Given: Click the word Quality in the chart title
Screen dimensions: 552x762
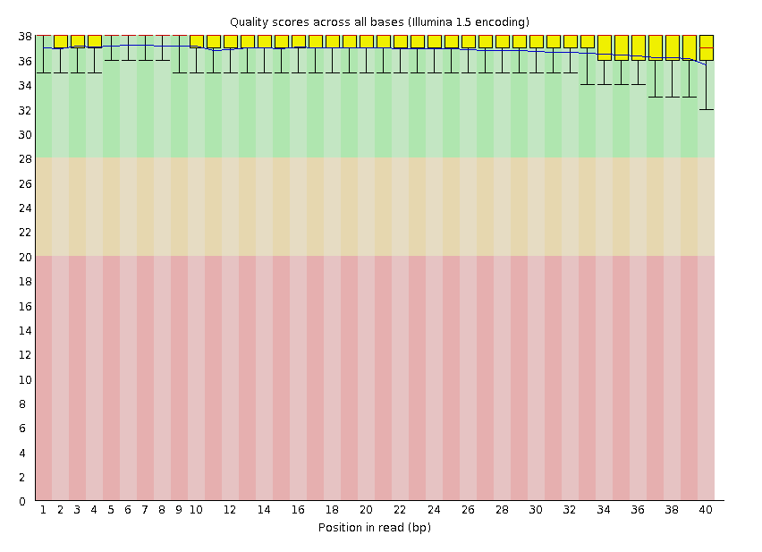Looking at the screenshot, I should tap(250, 21).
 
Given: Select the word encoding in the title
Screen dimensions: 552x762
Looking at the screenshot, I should tap(504, 21).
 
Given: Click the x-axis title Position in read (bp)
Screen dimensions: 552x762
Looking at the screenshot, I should tap(375, 528).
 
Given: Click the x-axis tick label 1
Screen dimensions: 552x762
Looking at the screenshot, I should tap(43, 510).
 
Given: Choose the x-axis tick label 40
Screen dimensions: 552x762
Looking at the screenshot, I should tap(706, 510).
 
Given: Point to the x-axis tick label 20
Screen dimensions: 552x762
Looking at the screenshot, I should tap(366, 510).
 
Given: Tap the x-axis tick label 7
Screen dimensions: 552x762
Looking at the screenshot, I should tap(145, 510).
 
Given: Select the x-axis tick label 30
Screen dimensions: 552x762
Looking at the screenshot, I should tap(536, 510).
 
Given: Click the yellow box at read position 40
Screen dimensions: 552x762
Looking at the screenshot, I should tap(706, 47).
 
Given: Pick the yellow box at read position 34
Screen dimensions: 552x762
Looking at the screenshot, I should tap(604, 47).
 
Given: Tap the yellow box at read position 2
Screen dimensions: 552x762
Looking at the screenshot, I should tap(60, 42).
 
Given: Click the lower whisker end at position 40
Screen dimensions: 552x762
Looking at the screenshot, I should tap(706, 109).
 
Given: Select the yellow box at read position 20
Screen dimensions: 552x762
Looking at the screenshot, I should tap(366, 42).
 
